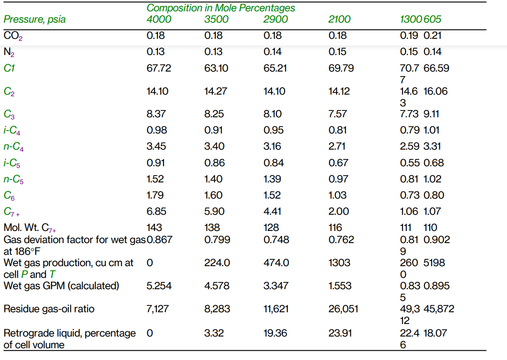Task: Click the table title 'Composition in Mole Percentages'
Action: [221, 8]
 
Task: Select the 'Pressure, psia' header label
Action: [34, 19]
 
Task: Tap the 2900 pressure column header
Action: [276, 19]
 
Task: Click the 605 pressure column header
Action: [433, 19]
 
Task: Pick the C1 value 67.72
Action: [159, 68]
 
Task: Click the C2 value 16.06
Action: [436, 91]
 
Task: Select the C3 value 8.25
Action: [214, 114]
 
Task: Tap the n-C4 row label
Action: [14, 147]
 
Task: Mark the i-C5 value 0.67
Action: [338, 163]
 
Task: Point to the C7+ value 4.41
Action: [272, 212]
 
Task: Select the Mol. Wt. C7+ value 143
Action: [154, 228]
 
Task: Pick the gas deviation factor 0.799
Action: [217, 240]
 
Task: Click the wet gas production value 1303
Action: [339, 263]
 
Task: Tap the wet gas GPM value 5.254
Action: [159, 286]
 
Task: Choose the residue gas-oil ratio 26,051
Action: [343, 309]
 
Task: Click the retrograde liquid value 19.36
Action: [276, 333]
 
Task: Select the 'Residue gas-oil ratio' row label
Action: [49, 309]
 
